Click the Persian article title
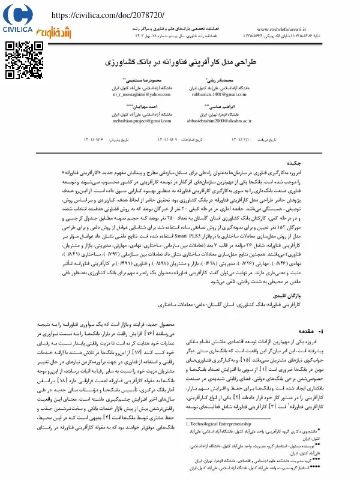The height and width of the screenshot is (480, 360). coord(181,62)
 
